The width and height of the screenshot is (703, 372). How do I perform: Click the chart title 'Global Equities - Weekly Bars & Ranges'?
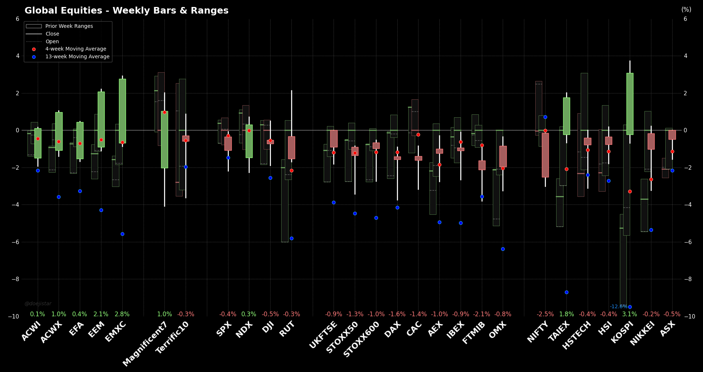point(126,11)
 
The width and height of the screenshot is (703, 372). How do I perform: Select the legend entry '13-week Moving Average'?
point(77,56)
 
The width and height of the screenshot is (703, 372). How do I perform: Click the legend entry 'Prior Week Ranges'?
point(69,26)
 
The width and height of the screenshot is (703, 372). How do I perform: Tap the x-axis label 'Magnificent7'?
point(145,344)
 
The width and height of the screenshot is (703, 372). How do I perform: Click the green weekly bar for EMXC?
point(122,111)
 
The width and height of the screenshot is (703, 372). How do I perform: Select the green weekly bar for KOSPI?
point(630,104)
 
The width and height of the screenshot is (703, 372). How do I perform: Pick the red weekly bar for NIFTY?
point(545,155)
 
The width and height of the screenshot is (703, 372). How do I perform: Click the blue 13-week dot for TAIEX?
point(566,292)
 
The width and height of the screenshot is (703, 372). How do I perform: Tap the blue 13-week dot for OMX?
point(503,249)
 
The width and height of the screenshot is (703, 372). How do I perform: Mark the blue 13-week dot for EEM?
point(101,210)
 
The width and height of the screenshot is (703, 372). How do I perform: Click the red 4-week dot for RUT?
point(291,170)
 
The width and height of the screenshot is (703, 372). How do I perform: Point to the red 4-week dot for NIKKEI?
point(651,179)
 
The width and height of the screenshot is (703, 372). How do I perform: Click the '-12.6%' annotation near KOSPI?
point(618,306)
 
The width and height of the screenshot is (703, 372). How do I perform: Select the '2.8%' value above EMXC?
point(122,314)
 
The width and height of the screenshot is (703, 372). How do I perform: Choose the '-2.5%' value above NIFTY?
point(545,314)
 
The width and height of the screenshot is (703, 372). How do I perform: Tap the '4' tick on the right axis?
point(686,56)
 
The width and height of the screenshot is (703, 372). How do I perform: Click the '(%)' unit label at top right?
point(686,10)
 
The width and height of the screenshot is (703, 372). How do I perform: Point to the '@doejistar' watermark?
point(38,303)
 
